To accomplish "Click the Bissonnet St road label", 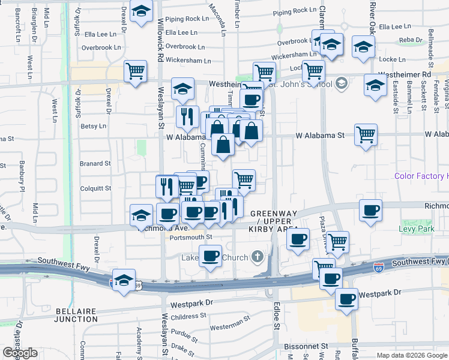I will pyautogui.click(x=307, y=346).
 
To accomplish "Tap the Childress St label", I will pyautogui.click(x=188, y=316).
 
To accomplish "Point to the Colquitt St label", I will pyautogui.click(x=95, y=188).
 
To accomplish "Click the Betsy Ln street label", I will pyautogui.click(x=93, y=127).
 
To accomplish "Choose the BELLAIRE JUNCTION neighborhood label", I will pyautogui.click(x=77, y=315).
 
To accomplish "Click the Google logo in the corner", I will pyautogui.click(x=20, y=353).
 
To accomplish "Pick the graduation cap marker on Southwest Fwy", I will pyautogui.click(x=124, y=280).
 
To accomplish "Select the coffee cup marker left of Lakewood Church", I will pyautogui.click(x=210, y=255).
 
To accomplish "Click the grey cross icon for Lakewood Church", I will pyautogui.click(x=258, y=257).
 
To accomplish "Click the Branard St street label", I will pyautogui.click(x=95, y=163).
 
